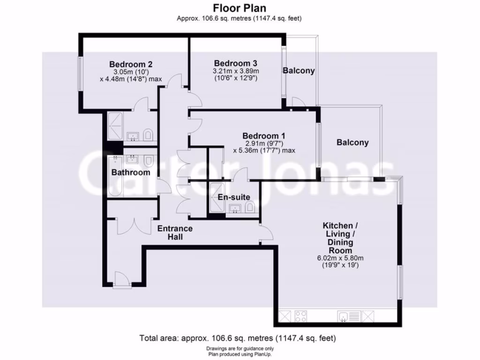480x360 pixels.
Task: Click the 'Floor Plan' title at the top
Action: [240, 8]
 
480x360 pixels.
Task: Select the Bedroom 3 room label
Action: [235, 63]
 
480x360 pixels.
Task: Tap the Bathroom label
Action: [131, 172]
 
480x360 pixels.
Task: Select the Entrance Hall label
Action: [174, 232]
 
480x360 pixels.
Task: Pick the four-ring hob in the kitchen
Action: [300, 317]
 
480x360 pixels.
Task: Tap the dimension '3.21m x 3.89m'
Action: [235, 71]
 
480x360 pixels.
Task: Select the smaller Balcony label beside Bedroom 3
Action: [299, 71]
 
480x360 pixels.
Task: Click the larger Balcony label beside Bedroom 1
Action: [352, 142]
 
